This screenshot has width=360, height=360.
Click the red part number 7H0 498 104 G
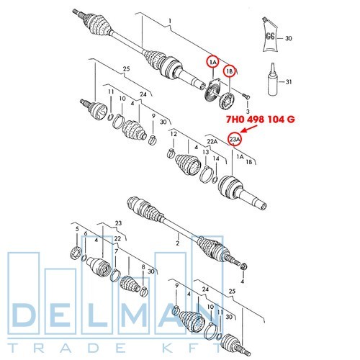(x=261, y=120)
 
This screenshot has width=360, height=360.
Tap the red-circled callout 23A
(x=235, y=139)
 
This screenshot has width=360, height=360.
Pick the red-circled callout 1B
(x=229, y=71)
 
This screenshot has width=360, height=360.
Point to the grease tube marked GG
(x=270, y=35)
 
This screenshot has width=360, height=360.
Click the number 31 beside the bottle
(x=289, y=82)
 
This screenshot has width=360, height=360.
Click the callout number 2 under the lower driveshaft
(x=178, y=243)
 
